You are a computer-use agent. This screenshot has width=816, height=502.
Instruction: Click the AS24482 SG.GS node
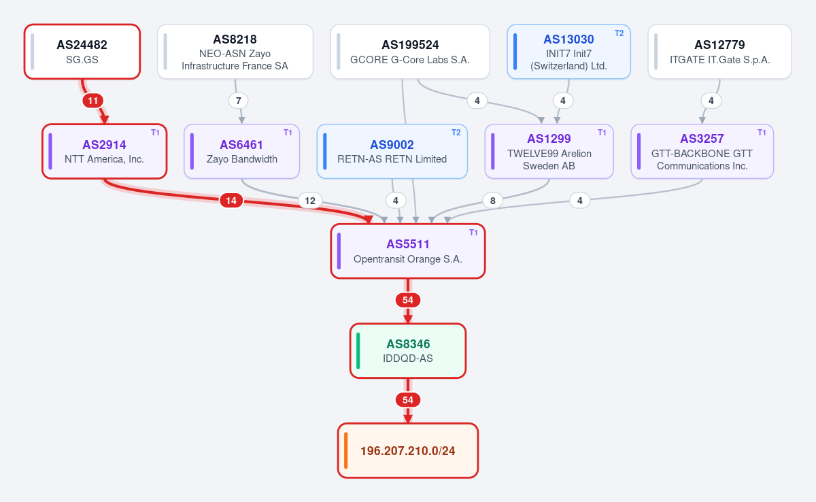click(82, 52)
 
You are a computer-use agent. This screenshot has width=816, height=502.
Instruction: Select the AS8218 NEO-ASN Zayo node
click(235, 52)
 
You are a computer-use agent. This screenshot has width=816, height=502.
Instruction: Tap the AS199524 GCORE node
click(410, 52)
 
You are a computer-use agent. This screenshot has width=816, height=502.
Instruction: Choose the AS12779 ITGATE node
click(720, 52)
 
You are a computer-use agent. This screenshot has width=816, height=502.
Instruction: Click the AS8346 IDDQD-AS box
click(408, 351)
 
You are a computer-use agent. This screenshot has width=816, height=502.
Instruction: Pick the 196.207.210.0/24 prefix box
click(408, 450)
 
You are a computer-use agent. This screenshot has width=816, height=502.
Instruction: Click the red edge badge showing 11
click(93, 101)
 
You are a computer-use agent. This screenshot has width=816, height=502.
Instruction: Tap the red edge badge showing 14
click(231, 201)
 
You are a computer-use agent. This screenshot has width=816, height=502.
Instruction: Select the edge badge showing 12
click(310, 201)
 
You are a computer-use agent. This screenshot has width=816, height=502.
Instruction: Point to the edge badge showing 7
click(239, 101)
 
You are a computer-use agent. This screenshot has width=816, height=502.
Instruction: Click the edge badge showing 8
click(492, 201)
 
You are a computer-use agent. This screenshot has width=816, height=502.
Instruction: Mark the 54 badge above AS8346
click(408, 300)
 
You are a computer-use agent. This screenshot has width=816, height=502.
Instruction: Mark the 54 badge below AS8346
click(408, 400)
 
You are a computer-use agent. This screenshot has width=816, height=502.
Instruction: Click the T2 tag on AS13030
click(619, 33)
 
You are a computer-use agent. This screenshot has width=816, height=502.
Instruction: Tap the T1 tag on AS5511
click(473, 233)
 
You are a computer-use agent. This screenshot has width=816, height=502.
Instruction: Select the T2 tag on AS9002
click(456, 133)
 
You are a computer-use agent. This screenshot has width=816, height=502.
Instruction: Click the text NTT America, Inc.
click(104, 159)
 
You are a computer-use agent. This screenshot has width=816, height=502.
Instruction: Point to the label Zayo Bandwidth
click(242, 159)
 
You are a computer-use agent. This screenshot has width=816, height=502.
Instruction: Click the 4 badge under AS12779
click(711, 101)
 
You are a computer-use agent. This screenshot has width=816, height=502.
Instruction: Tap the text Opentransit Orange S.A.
click(408, 259)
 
